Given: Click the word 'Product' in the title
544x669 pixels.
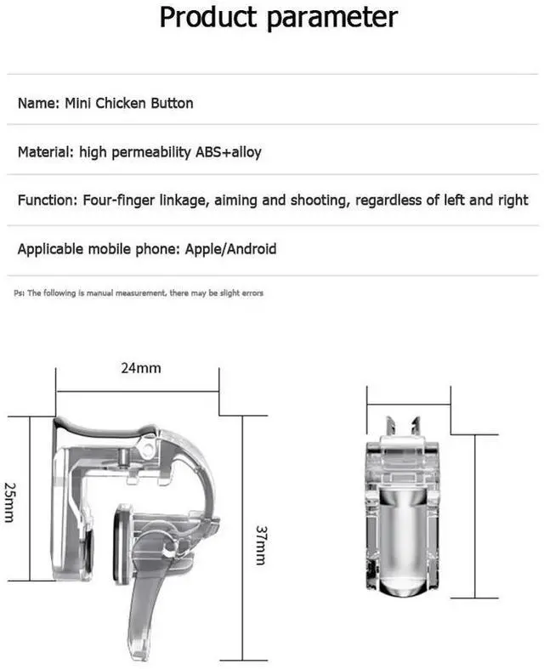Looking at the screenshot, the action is pos(207,17).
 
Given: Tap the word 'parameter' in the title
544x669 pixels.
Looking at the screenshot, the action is pos(332,19).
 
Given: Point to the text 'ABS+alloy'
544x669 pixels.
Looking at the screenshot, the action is pos(229,153).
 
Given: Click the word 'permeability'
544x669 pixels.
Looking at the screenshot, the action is pos(151,153).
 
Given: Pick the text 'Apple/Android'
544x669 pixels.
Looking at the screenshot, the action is pos(230,249).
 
